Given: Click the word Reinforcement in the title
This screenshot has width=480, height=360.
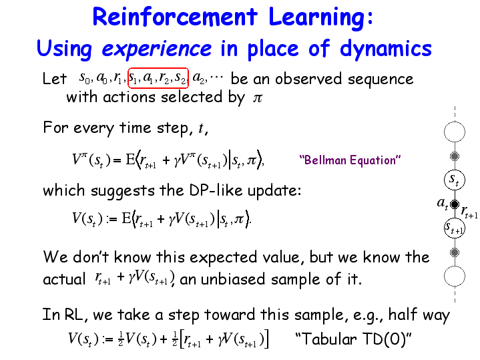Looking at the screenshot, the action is [x=175, y=17].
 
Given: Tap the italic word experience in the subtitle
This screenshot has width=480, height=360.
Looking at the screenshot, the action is [x=156, y=49].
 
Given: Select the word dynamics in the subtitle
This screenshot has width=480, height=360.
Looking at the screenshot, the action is [x=385, y=49].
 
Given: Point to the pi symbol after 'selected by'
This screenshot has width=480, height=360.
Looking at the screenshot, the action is [x=258, y=98].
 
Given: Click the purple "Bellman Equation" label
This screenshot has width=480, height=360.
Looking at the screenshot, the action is [x=350, y=160].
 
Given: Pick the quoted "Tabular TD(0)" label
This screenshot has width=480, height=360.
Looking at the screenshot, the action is [x=353, y=339].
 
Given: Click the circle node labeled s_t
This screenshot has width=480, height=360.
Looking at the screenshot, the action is [x=454, y=180].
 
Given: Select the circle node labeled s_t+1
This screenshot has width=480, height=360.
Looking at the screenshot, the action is [x=454, y=228].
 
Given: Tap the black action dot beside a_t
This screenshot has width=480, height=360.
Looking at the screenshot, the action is [x=455, y=204].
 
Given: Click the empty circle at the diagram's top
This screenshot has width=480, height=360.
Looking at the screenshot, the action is [x=454, y=132].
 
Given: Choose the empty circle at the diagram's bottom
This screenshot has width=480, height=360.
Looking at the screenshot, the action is [x=454, y=276].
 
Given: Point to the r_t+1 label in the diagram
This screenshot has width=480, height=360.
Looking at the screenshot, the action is [x=469, y=212].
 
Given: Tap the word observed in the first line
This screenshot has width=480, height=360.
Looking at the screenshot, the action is [x=308, y=79].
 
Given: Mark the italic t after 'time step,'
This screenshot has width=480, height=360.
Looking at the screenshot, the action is [x=201, y=128].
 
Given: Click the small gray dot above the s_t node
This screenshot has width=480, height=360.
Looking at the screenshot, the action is [x=455, y=156].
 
